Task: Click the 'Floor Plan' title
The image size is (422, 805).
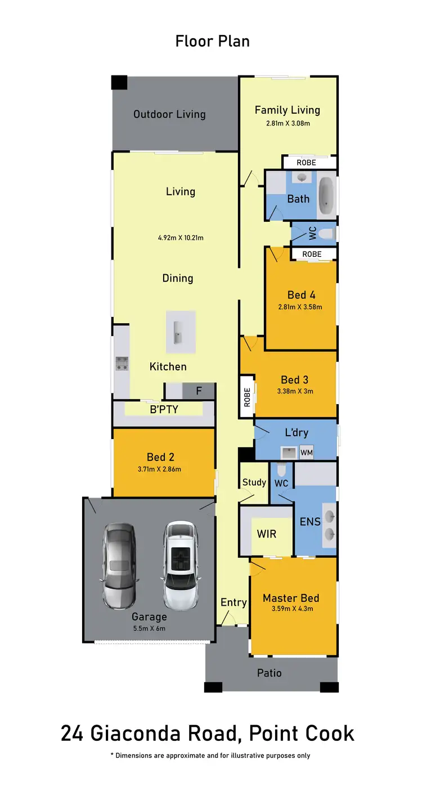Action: point(212,41)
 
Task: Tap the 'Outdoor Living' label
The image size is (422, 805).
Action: point(169,114)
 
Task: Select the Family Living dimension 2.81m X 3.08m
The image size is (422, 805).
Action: point(288,123)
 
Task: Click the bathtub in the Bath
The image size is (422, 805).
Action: point(326,195)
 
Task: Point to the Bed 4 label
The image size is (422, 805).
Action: point(301,295)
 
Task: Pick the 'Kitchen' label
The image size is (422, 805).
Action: point(168,366)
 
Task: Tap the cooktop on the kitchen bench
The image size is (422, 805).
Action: point(122,364)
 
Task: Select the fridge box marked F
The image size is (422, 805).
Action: point(199,390)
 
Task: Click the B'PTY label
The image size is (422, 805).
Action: point(164,409)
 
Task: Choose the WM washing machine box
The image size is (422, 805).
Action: point(306,452)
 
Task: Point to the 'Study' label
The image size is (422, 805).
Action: point(254,482)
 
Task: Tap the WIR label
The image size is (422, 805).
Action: point(266,533)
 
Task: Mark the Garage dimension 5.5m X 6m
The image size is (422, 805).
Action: point(149,629)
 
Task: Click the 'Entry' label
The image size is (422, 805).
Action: point(234,602)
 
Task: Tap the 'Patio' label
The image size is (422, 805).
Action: point(269,673)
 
